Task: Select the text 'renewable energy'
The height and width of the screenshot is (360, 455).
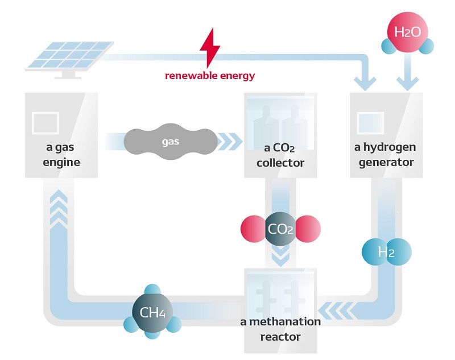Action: click(210, 76)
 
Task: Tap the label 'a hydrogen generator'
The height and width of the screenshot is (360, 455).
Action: click(385, 155)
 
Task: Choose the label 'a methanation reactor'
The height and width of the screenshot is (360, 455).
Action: click(280, 329)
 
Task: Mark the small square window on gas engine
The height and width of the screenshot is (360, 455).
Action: click(45, 123)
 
